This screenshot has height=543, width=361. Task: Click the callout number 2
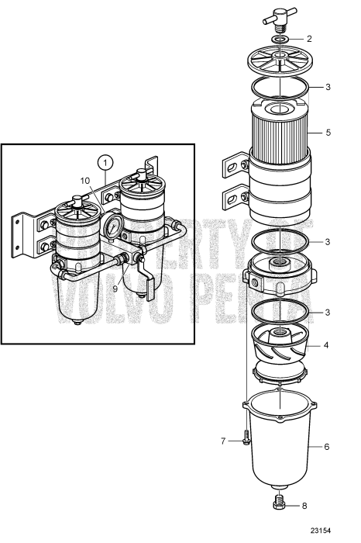coord(309,38)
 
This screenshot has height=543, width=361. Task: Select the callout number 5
coord(328,133)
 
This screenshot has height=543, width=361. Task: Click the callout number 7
coord(222,441)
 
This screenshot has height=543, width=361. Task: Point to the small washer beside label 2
coord(280,38)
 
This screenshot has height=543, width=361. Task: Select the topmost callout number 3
coord(328,87)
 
